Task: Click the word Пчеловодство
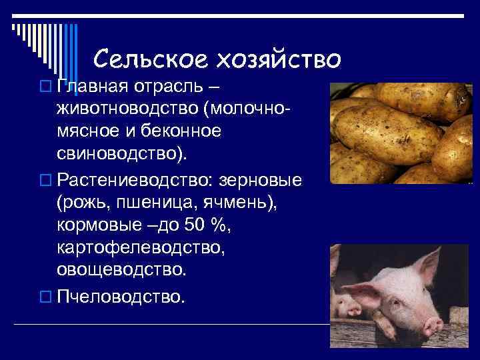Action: click(120, 295)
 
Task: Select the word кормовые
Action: click(98, 226)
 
